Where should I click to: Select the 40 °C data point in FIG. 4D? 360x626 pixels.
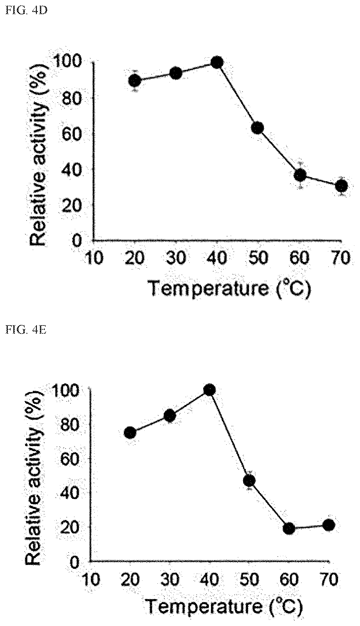click(217, 63)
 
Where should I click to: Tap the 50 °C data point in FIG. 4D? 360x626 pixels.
click(257, 128)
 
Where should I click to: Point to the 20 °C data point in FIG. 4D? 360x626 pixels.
click(135, 80)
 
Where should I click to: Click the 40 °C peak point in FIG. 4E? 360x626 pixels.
click(209, 390)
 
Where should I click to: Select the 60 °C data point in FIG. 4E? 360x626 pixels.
click(289, 528)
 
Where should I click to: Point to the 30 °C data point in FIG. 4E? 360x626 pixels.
click(170, 416)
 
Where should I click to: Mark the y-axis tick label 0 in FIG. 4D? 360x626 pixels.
click(77, 240)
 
